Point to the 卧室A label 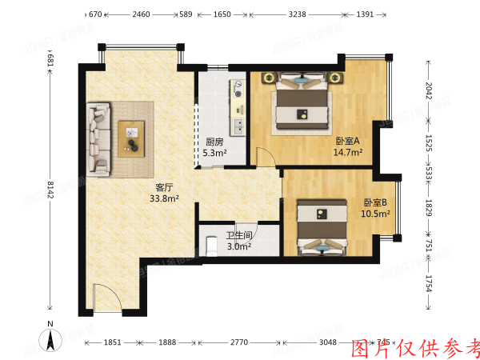[347, 141]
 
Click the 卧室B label [376, 202]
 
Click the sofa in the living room [100, 138]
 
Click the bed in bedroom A [302, 104]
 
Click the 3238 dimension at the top [297, 14]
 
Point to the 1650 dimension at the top [222, 14]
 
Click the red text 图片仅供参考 [416, 347]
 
